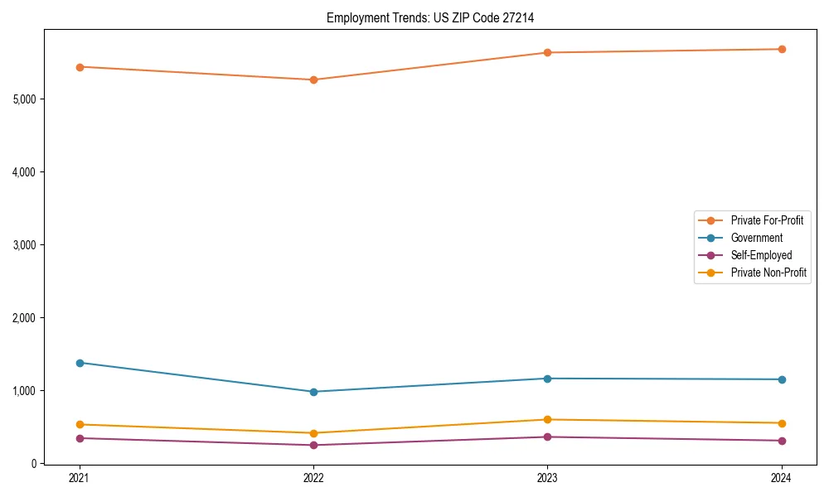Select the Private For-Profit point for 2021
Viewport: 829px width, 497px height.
(x=80, y=67)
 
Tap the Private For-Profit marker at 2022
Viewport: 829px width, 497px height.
(x=313, y=80)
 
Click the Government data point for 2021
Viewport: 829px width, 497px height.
(x=80, y=363)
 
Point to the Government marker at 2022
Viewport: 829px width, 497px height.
(x=313, y=392)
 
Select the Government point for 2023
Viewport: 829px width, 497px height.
(x=547, y=379)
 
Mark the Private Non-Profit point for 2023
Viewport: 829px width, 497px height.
(x=547, y=420)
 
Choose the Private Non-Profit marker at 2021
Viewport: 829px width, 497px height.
(x=80, y=425)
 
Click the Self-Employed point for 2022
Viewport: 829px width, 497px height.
(x=313, y=446)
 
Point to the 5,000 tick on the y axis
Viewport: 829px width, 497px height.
(x=25, y=99)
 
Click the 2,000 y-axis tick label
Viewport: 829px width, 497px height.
(x=25, y=318)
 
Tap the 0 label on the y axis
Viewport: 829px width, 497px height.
(x=34, y=464)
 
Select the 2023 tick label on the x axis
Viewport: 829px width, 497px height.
(x=547, y=478)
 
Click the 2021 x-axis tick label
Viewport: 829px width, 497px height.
(x=80, y=478)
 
